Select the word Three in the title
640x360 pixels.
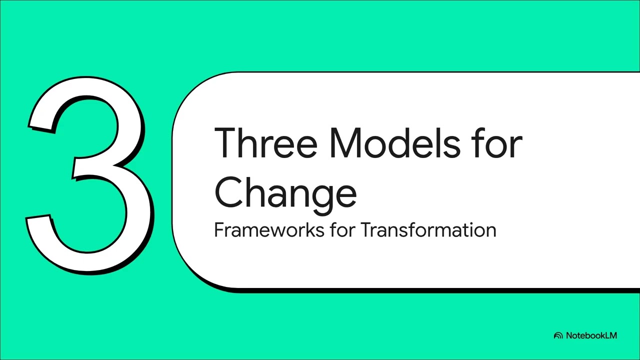tap(265, 142)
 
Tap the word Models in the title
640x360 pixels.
tap(395, 142)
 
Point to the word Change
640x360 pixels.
tap(285, 193)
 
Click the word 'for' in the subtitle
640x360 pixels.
tap(342, 230)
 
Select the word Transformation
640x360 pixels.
tap(428, 230)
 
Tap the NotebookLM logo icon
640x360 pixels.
tap(558, 335)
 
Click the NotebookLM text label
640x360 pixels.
tap(591, 335)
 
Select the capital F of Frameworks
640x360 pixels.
tap(218, 230)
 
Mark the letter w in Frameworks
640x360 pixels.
tap(283, 231)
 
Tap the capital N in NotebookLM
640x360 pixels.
tap(569, 335)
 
